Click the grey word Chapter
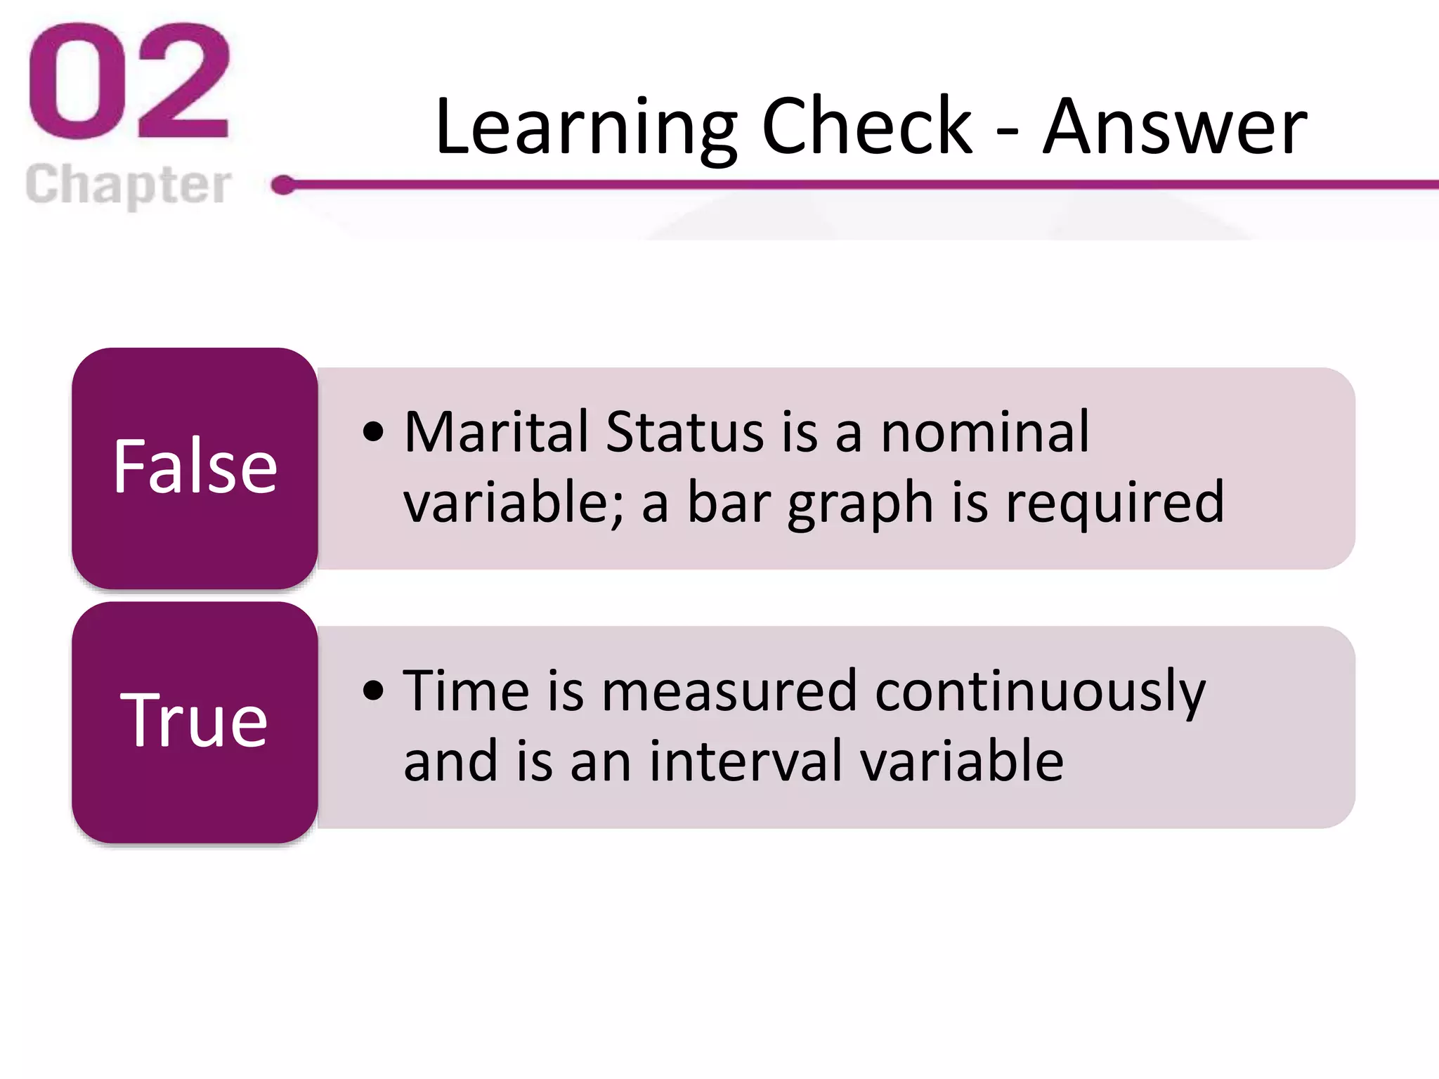(129, 185)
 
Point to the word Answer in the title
(1174, 128)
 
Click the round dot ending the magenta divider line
(283, 185)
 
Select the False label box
(195, 468)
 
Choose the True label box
(195, 721)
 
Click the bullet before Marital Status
(374, 432)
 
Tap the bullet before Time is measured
(374, 691)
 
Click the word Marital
(496, 432)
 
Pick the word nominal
(985, 432)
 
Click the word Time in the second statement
(466, 691)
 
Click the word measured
(729, 691)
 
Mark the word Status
(684, 432)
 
